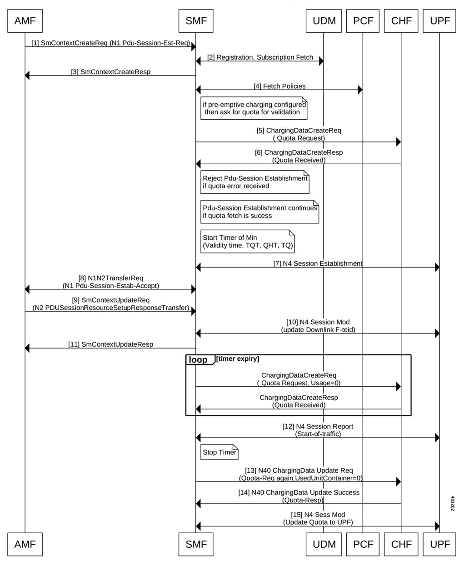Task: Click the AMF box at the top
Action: [25, 21]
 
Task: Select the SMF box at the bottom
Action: [196, 544]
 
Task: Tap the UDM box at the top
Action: [324, 21]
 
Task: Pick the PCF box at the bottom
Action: [363, 544]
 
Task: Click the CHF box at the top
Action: [401, 21]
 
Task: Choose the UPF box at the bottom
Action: [439, 544]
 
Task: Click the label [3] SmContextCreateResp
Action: [110, 72]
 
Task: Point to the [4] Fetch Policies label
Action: [279, 86]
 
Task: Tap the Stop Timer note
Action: [219, 452]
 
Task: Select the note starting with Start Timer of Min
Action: [247, 241]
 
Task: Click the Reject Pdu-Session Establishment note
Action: [255, 182]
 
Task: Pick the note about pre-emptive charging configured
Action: [254, 108]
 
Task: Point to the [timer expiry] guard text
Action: [238, 359]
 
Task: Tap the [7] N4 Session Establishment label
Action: [318, 263]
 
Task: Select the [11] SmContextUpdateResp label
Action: [110, 344]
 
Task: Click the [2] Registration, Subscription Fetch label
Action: [260, 57]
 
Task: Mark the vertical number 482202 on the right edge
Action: [453, 503]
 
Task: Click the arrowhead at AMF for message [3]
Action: [27, 76]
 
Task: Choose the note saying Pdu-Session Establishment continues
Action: [260, 212]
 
